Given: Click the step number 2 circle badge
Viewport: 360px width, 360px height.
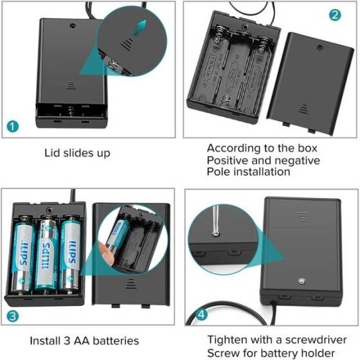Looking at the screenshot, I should pyautogui.click(x=335, y=15).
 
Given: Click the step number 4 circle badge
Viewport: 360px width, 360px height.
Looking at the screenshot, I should pyautogui.click(x=201, y=315).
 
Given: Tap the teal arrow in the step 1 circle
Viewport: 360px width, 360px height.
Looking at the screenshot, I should pyautogui.click(x=140, y=28).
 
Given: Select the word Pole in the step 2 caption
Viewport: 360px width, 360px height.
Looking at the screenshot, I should pyautogui.click(x=219, y=172).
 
